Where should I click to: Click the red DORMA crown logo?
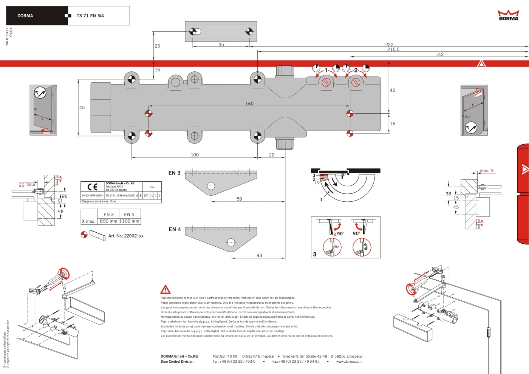click(508, 15)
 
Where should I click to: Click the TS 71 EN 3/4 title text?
click(90, 16)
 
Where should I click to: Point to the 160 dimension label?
click(249, 104)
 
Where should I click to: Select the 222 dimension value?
click(389, 44)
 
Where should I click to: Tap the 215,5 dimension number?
click(393, 49)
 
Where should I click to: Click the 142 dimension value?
click(439, 54)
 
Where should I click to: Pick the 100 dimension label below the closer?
click(195, 155)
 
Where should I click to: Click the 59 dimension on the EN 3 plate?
click(239, 199)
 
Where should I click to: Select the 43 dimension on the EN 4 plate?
click(259, 255)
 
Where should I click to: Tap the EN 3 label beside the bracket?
click(174, 173)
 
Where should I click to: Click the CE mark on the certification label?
click(92, 187)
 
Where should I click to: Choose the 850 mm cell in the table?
click(108, 221)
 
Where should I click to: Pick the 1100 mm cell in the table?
click(130, 221)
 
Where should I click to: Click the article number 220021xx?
click(126, 236)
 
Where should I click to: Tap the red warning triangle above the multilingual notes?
click(165, 290)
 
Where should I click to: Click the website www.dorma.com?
click(349, 362)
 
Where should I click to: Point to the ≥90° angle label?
click(339, 234)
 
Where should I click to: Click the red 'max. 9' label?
click(487, 171)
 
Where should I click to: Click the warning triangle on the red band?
click(481, 64)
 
